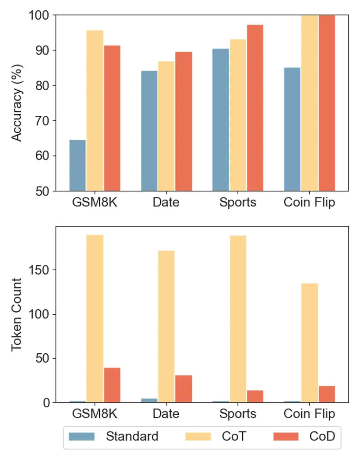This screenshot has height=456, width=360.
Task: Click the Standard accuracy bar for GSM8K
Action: [x=77, y=165]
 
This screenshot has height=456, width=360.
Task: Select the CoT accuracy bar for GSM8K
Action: [x=95, y=110]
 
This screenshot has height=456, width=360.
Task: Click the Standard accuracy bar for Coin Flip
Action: [x=292, y=129]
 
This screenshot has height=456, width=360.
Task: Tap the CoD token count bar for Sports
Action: [x=255, y=396]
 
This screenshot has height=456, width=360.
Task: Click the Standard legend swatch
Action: [x=82, y=436]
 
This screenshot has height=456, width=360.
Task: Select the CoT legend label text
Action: [x=234, y=436]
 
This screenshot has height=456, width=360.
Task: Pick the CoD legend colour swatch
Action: [x=286, y=436]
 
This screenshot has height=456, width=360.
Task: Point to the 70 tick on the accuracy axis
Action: [x=42, y=121]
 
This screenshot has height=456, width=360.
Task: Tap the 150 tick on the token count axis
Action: [x=39, y=270]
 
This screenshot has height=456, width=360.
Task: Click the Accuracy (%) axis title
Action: [x=17, y=103]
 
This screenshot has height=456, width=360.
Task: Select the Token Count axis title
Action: [x=17, y=314]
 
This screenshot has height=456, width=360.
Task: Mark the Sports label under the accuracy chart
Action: [x=238, y=202]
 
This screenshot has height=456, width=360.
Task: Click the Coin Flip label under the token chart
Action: [x=309, y=414]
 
